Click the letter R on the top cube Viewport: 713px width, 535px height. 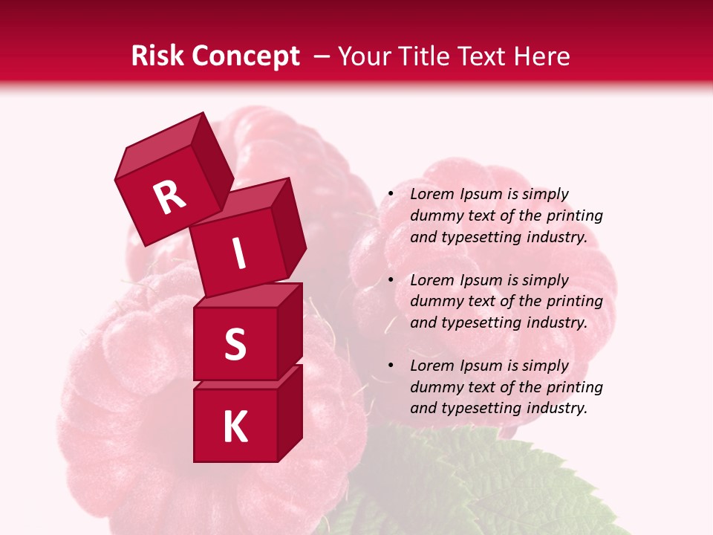169,198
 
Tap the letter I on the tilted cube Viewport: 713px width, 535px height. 238,254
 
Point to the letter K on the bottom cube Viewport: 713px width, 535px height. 235,427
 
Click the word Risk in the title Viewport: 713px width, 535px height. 157,56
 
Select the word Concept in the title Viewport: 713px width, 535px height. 245,56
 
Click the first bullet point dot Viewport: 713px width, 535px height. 391,195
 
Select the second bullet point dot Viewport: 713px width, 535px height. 391,281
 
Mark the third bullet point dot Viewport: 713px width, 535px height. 391,366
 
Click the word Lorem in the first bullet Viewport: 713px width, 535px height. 432,195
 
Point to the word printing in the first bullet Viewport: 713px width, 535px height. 576,216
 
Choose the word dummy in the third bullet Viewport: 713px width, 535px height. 434,387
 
